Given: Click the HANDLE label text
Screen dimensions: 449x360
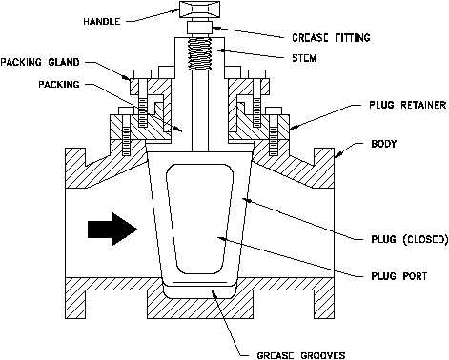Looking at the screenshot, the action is point(102,21).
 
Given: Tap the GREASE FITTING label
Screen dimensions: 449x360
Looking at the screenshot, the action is point(331,38).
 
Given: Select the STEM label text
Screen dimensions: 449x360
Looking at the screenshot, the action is point(304,58).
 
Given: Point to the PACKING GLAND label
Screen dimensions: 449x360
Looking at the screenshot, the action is point(40,62).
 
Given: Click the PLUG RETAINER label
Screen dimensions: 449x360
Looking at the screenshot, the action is point(407,105).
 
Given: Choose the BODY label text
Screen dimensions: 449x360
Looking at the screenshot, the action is point(384,144).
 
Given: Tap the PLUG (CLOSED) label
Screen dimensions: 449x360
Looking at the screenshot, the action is point(410,239).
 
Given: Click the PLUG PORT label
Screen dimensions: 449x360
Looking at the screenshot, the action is point(398,276).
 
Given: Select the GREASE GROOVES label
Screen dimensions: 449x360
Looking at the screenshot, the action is point(301,355).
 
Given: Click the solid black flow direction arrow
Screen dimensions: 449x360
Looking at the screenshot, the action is point(112,229).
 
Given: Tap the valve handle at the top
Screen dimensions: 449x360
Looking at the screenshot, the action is point(199,10).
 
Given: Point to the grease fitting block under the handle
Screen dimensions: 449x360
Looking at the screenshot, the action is point(199,28).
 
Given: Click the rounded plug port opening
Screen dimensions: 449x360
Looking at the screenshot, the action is point(200,219).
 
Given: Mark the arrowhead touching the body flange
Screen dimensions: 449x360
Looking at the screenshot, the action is point(337,154).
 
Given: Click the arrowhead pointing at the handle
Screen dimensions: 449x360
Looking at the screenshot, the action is point(175,10).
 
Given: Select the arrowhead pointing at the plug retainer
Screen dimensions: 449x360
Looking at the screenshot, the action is point(293,128).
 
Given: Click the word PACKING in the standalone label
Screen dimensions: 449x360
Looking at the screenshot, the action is point(59,84).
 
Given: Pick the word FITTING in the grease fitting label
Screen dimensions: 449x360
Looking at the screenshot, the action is point(353,38).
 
